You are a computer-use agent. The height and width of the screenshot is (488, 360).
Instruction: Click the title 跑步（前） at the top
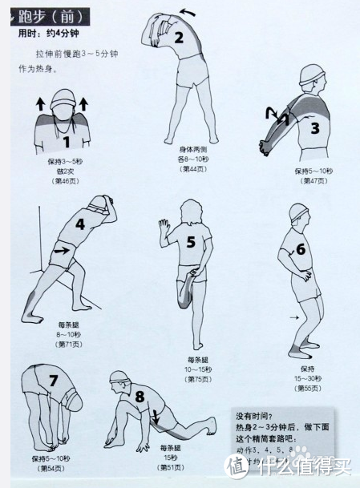(50, 16)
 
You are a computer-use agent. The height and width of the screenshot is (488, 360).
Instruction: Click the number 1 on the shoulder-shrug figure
(67, 143)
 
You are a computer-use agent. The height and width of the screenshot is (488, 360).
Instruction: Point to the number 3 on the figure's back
(314, 127)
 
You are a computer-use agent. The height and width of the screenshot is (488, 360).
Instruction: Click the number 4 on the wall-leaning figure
(79, 224)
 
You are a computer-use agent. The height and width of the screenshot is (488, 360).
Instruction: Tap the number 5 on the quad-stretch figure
(190, 241)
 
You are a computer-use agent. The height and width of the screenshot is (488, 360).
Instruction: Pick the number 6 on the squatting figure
(301, 248)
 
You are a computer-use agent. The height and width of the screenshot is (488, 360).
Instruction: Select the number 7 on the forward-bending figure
(54, 381)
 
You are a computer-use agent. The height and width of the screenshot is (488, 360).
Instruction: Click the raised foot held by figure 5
(187, 281)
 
